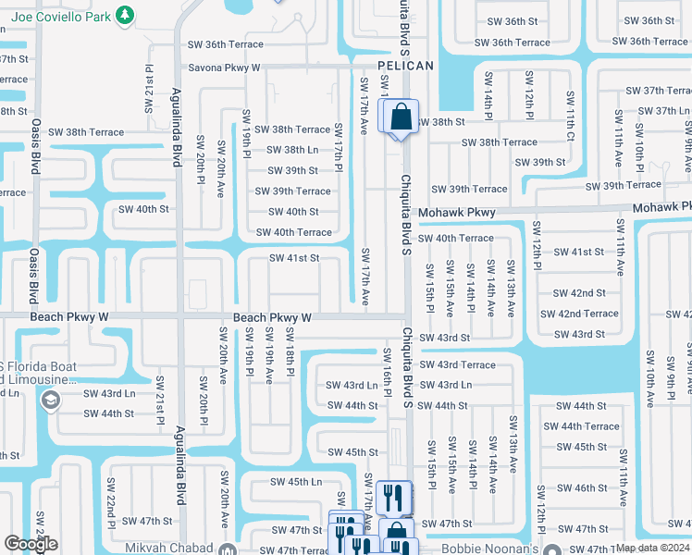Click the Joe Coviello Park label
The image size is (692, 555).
58,15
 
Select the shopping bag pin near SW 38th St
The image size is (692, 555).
400,117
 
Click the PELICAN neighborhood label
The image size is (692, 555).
405,66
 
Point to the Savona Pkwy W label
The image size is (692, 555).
225,68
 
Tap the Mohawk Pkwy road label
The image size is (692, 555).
456,213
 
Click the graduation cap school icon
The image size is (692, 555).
50,400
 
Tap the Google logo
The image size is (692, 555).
31,544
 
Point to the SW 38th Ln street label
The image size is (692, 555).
292,150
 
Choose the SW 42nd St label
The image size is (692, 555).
579,293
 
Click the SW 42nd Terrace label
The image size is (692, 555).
580,314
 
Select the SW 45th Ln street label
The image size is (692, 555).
296,482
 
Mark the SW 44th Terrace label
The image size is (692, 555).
581,426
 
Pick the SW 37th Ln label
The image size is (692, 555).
660,111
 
